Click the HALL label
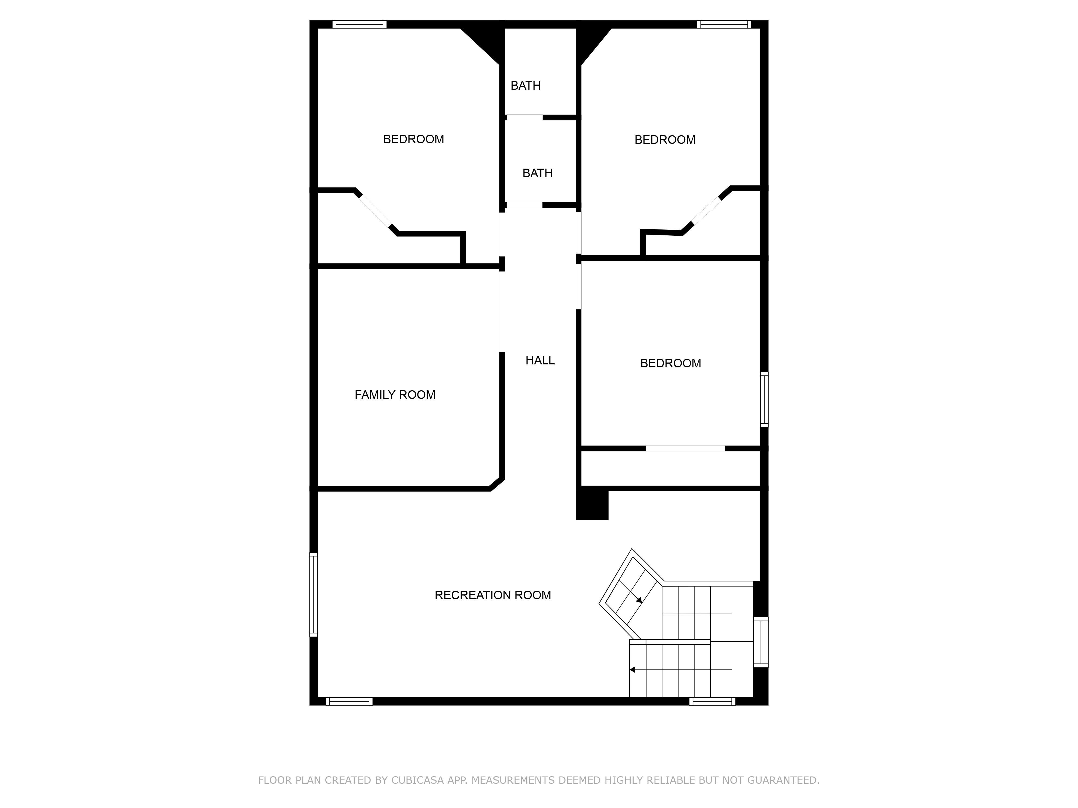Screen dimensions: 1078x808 pyautogui.click(x=540, y=360)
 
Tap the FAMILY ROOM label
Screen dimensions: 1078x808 pyautogui.click(x=395, y=395)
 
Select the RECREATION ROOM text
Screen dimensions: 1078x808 pyautogui.click(x=493, y=595)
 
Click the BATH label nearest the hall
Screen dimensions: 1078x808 pyautogui.click(x=538, y=173)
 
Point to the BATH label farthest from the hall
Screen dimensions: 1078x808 pyautogui.click(x=526, y=86)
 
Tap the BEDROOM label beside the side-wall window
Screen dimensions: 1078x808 pyautogui.click(x=671, y=363)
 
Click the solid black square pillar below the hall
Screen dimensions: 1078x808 pyautogui.click(x=592, y=504)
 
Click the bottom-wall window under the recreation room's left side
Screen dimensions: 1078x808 pyautogui.click(x=349, y=701)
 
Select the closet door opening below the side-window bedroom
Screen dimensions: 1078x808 pyautogui.click(x=686, y=448)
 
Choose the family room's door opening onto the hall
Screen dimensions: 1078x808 pyautogui.click(x=502, y=311)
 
